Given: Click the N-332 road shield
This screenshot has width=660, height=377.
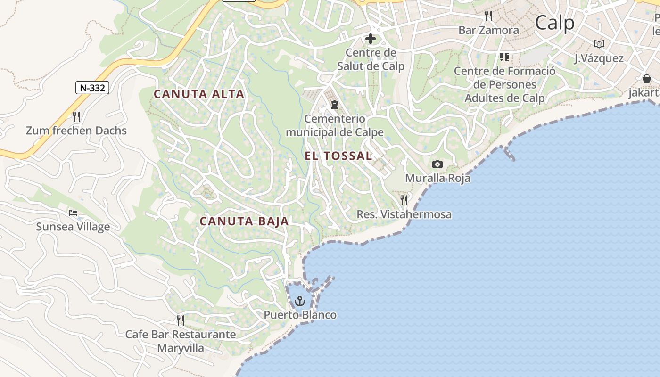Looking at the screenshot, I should [x=92, y=87].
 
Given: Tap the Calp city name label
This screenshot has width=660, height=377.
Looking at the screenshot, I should [x=555, y=23].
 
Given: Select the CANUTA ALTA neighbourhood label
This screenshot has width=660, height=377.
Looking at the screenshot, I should [x=199, y=94].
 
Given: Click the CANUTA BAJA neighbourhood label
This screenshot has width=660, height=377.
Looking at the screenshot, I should [x=244, y=221].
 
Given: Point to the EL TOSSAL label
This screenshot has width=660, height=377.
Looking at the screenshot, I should [x=338, y=156].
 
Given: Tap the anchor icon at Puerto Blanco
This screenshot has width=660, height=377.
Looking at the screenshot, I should [x=300, y=301].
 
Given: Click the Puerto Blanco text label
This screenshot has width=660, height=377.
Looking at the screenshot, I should [x=300, y=315].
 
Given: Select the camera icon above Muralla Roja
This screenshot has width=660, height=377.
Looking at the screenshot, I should [x=437, y=164].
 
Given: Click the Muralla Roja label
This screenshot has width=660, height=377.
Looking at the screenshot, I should [x=437, y=178].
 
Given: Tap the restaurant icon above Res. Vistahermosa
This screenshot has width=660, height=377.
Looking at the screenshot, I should [x=404, y=200].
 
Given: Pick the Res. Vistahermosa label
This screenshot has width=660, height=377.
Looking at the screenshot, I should [x=404, y=214].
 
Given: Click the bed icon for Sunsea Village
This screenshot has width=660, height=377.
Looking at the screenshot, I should [x=73, y=213].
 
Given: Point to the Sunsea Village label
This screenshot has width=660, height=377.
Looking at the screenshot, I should [x=73, y=227].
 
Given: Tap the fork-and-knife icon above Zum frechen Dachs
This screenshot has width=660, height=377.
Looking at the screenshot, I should [x=76, y=116].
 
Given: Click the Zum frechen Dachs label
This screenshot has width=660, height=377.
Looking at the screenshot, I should [x=76, y=131].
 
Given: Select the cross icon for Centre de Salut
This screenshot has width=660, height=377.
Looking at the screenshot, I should [x=371, y=39].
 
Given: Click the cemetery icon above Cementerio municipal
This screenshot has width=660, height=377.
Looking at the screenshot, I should [x=335, y=104].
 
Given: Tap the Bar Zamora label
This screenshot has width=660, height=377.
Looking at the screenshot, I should [x=488, y=30].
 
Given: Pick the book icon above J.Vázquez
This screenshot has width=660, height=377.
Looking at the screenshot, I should [x=599, y=44].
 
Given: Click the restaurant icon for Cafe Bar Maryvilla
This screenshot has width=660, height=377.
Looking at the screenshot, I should [x=181, y=320].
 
